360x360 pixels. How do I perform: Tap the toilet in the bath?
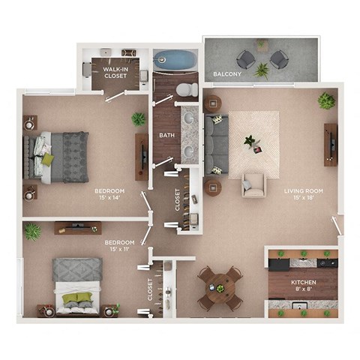tap(182, 90)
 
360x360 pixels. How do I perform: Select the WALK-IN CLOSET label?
tap(115, 72)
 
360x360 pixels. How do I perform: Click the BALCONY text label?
tap(226, 75)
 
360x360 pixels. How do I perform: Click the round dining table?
tap(219, 285)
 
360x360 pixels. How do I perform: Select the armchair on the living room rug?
tap(253, 184)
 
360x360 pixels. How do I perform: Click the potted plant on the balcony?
tap(262, 70)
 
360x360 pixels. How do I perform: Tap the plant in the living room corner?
tap(326, 100)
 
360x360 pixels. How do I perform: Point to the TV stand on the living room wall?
tap(330, 144)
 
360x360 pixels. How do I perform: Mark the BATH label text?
tap(166, 136)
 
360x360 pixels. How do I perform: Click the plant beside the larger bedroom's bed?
tap(138, 118)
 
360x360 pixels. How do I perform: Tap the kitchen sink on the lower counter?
tap(299, 305)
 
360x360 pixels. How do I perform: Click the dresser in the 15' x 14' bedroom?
tap(141, 156)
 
